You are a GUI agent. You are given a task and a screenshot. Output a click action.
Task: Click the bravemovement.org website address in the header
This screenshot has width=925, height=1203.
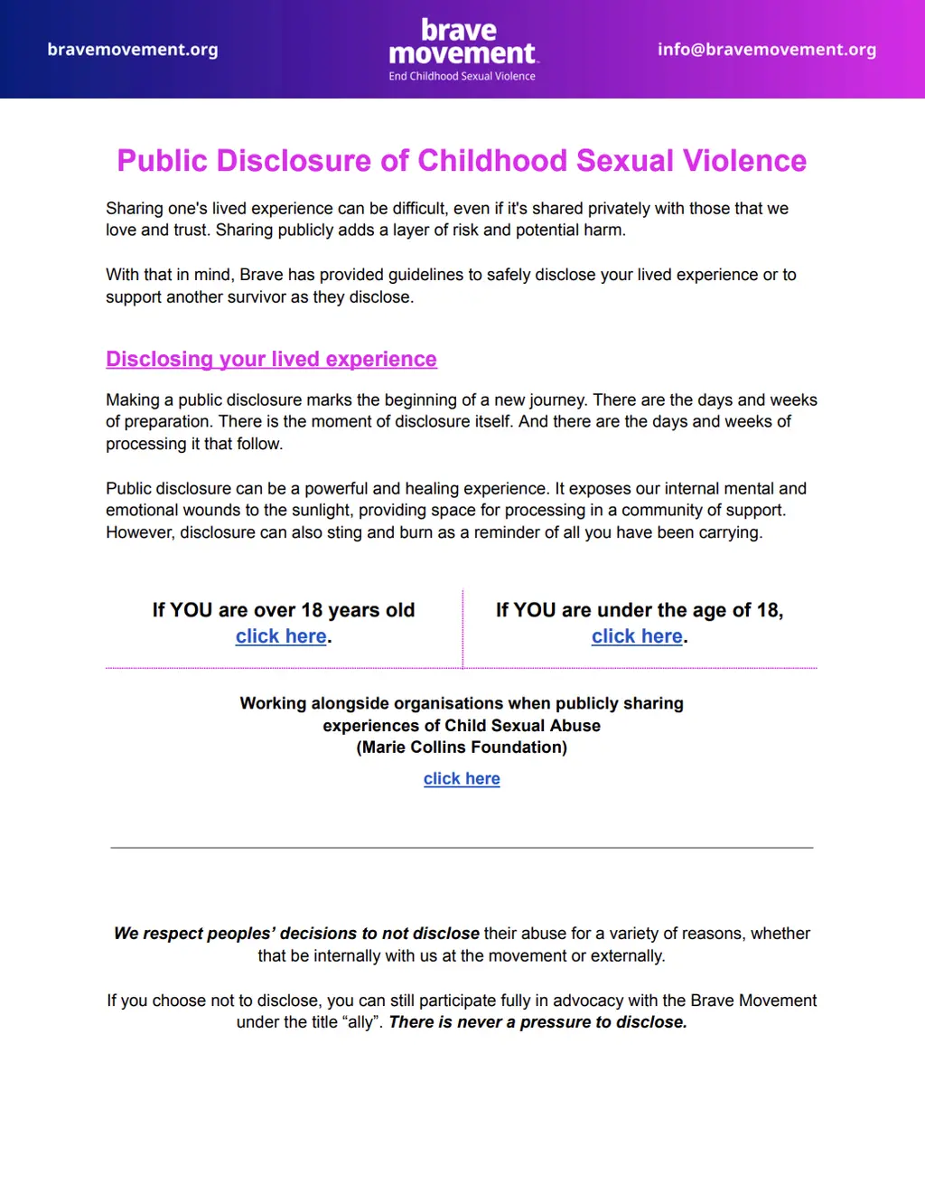click(x=133, y=50)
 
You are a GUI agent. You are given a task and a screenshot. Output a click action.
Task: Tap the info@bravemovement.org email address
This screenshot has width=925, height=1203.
click(x=766, y=50)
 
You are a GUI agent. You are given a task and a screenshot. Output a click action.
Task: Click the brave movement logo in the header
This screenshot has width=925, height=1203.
click(x=462, y=42)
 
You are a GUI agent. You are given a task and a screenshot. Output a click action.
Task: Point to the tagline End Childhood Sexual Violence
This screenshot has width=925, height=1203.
click(x=462, y=77)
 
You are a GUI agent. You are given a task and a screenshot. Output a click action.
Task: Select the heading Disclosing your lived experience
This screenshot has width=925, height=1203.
click(x=271, y=360)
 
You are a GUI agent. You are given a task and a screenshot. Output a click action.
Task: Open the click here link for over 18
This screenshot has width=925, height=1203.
click(x=281, y=636)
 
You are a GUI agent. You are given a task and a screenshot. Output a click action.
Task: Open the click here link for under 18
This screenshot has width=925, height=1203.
click(x=637, y=636)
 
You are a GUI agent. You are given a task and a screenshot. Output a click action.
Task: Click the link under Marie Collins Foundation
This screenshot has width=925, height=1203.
click(x=462, y=779)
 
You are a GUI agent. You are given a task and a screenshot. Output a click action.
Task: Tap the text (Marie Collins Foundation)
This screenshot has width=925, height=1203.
click(x=462, y=747)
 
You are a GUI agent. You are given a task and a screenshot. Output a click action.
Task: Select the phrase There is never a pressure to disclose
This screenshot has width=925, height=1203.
click(x=537, y=1022)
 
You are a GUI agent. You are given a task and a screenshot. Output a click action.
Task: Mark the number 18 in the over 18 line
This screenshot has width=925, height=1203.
click(x=312, y=610)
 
